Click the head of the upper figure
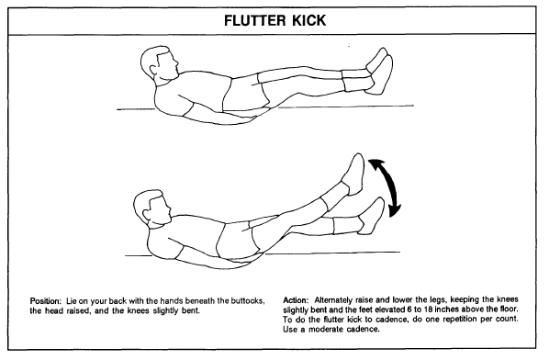(160, 63)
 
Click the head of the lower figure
(152, 208)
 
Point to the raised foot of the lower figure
(354, 174)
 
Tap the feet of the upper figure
(379, 71)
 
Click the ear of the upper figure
(153, 67)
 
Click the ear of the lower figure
(147, 212)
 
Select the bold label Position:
(46, 301)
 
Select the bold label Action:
(296, 300)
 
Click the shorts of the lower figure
(235, 239)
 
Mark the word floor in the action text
(510, 309)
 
